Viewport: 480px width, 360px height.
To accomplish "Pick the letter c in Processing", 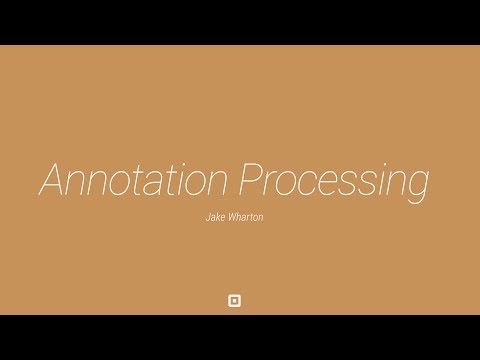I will (313, 183).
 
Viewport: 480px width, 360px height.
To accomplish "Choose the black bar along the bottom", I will (240, 337).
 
